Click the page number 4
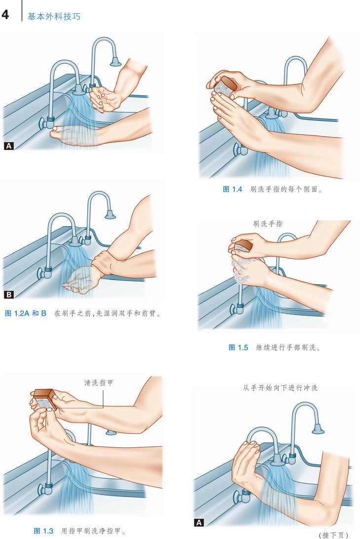pyautogui.click(x=5, y=15)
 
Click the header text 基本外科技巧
pyautogui.click(x=54, y=16)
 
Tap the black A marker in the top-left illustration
pyautogui.click(x=8, y=146)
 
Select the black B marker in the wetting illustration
pyautogui.click(x=8, y=294)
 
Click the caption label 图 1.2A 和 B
pyautogui.click(x=26, y=313)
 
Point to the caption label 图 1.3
pyautogui.click(x=44, y=531)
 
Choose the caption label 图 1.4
pyautogui.click(x=233, y=189)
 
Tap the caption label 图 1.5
pyautogui.click(x=238, y=347)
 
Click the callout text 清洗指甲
pyautogui.click(x=99, y=383)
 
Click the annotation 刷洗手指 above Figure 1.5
pyautogui.click(x=268, y=224)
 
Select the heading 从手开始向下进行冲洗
pyautogui.click(x=280, y=388)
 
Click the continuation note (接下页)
pyautogui.click(x=333, y=535)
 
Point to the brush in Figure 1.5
pyautogui.click(x=243, y=245)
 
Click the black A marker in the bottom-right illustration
pyautogui.click(x=199, y=523)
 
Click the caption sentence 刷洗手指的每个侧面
pyautogui.click(x=286, y=189)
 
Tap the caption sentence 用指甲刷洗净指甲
pyautogui.click(x=93, y=531)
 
